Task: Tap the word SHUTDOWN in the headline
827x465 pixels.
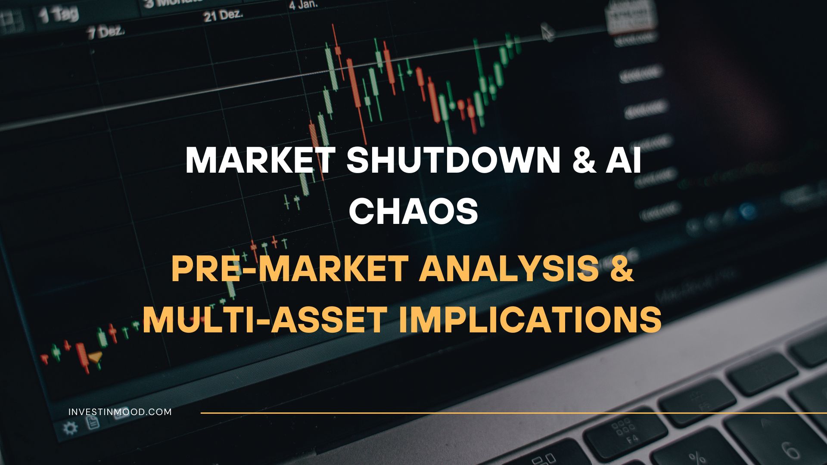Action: click(452, 160)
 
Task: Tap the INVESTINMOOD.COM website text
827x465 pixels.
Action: click(120, 412)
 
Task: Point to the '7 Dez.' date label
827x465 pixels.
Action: click(106, 32)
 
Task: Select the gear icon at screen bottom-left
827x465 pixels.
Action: click(70, 428)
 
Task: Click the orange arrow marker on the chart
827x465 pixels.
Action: click(95, 356)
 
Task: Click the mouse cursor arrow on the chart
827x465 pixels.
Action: click(547, 32)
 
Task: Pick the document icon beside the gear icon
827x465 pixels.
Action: click(93, 422)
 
